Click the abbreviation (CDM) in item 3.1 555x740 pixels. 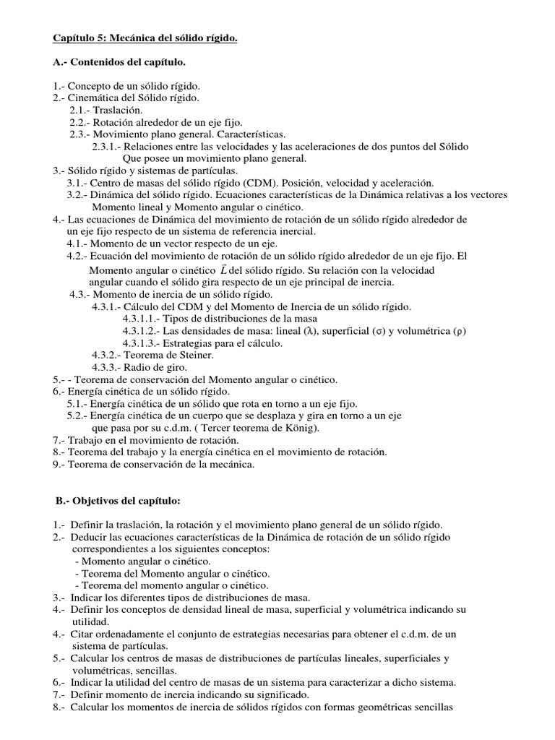[x=262, y=184]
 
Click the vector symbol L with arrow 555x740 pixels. [x=209, y=269]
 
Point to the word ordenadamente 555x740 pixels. [x=134, y=634]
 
